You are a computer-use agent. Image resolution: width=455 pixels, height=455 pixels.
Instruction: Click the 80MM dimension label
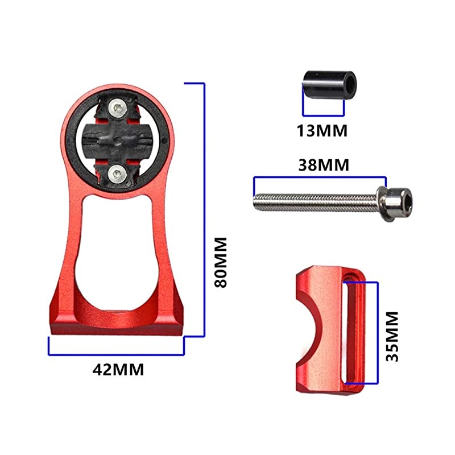221,262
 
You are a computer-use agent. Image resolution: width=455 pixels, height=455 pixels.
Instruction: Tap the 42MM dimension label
118,369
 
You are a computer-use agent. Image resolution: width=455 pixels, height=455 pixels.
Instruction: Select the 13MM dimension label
321,130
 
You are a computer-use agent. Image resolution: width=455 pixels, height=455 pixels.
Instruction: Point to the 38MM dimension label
323,166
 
